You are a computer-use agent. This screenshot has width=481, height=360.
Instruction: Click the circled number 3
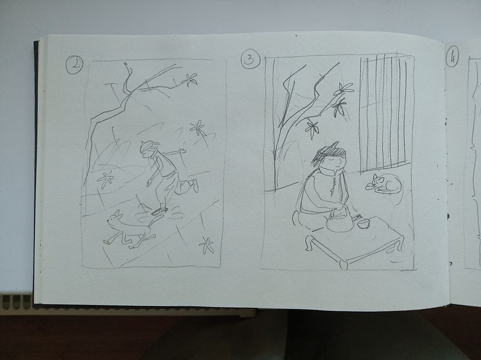coord(250,59)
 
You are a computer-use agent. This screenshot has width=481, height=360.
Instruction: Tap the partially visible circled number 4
coord(452,57)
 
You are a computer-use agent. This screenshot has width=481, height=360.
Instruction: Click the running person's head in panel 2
coord(147,148)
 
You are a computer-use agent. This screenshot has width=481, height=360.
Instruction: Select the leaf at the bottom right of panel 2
coord(206,244)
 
